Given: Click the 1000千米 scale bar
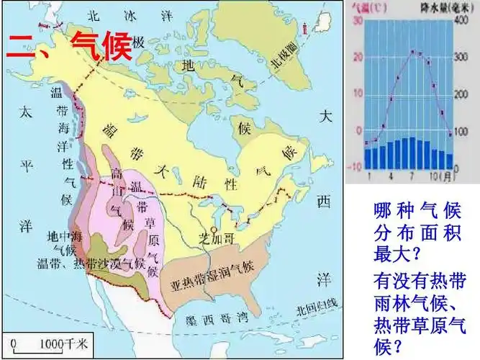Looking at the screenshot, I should pos(45,345).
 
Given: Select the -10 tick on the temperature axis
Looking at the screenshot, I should pos(354,166).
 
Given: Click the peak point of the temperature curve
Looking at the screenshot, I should pos(413,52).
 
